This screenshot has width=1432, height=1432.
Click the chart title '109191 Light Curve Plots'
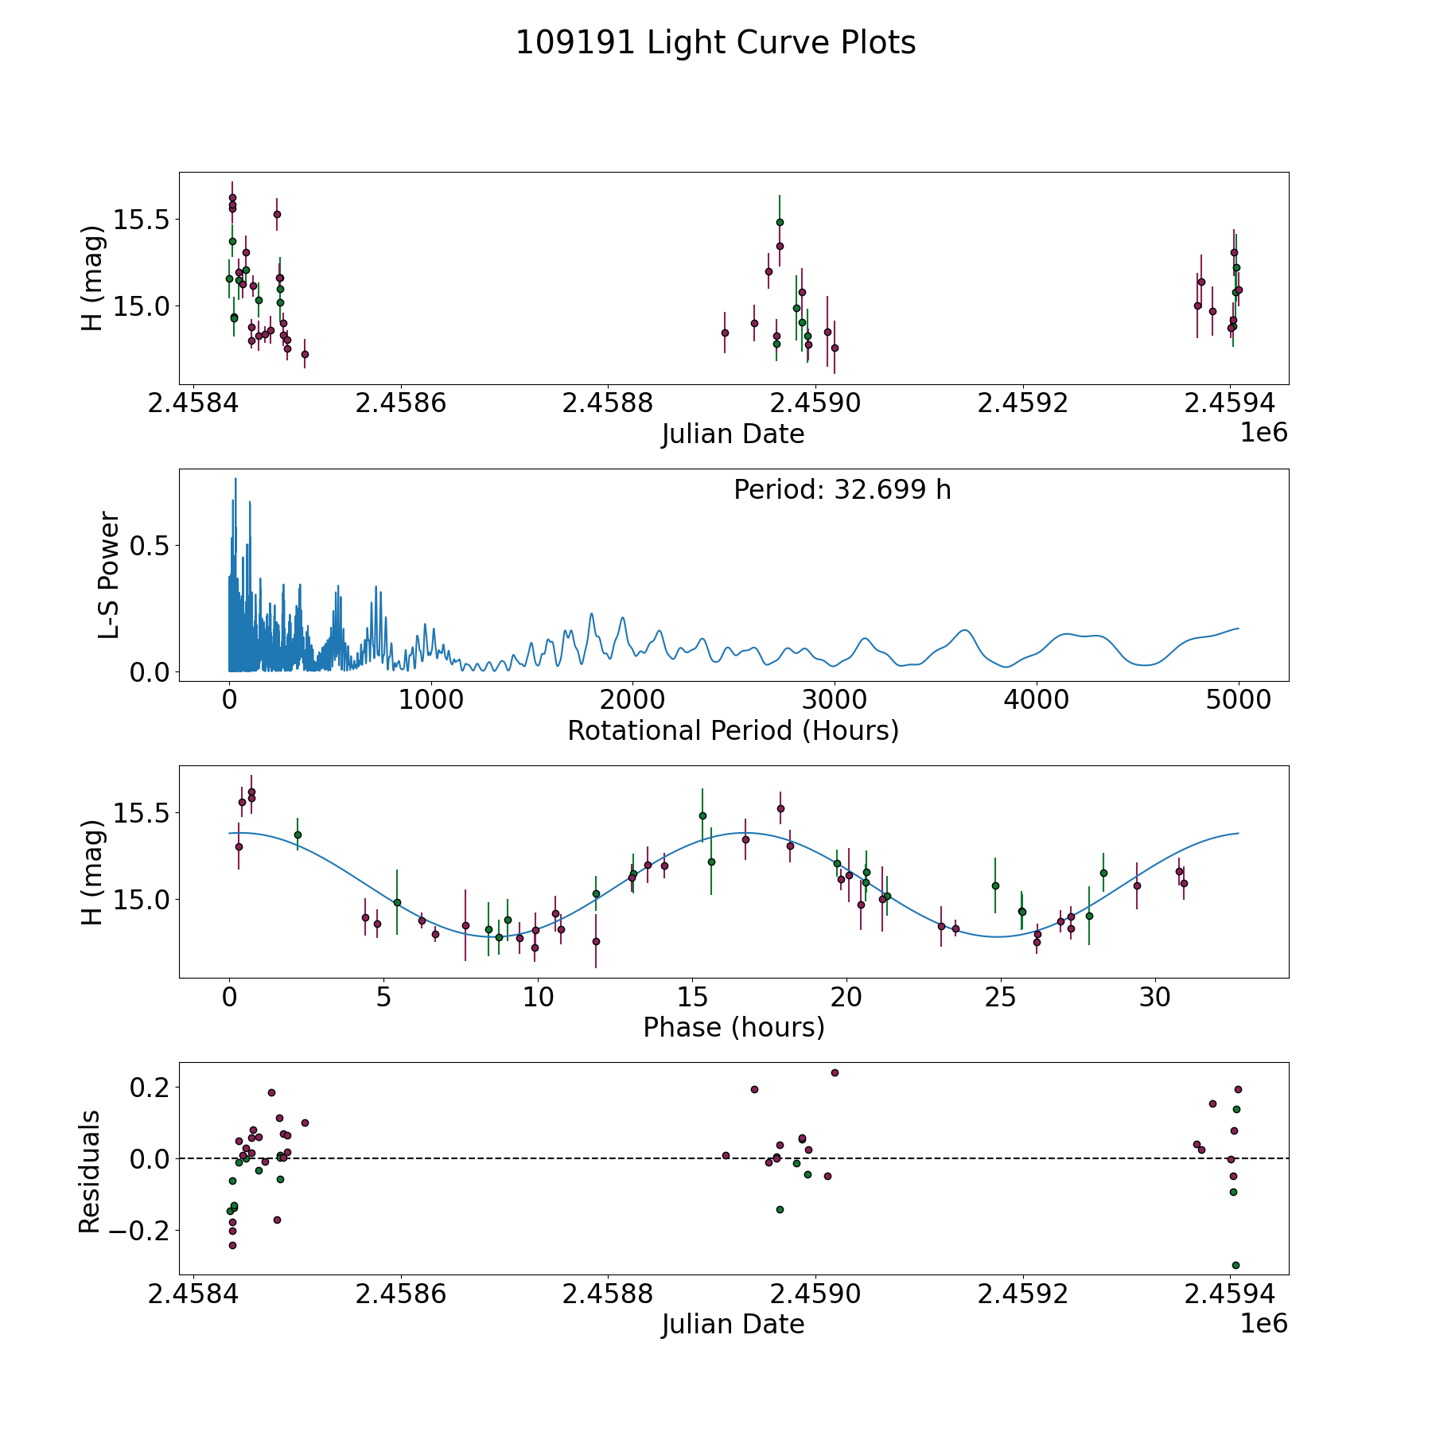(715, 43)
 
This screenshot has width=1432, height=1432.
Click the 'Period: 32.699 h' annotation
(842, 490)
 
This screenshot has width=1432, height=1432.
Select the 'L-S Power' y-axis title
(109, 575)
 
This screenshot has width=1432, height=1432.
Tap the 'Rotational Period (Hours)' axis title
(733, 730)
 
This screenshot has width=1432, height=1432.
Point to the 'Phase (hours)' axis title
(733, 1027)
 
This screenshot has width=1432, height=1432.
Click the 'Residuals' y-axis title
(89, 1172)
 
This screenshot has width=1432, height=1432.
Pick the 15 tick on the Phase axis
(692, 997)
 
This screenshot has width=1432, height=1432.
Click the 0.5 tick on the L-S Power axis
(151, 546)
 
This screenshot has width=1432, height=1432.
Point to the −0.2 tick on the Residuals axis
(140, 1231)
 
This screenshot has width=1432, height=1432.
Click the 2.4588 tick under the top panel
(607, 403)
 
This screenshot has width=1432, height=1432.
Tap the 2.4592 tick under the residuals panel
(1022, 1294)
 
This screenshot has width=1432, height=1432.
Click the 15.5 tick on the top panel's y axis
(140, 220)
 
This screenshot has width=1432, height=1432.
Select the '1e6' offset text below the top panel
(1263, 434)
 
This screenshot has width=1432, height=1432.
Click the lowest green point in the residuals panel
(1235, 1265)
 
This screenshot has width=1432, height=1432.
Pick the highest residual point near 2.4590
(835, 1072)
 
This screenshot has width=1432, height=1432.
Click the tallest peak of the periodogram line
(235, 479)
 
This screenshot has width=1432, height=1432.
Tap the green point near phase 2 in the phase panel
(298, 835)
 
